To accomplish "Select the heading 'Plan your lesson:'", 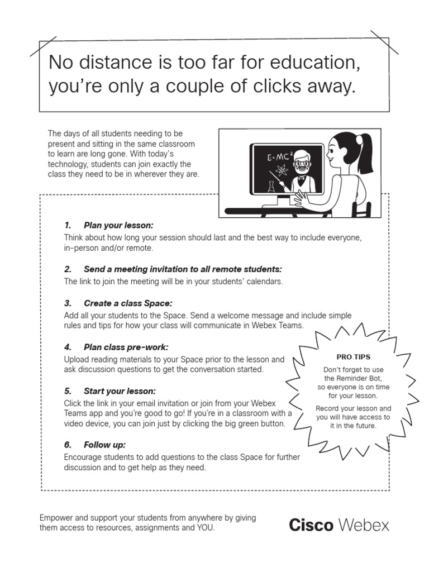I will [118, 226].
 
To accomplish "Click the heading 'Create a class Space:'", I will [128, 303].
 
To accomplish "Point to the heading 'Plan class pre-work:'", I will [126, 347].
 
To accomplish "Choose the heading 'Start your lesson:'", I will [120, 390].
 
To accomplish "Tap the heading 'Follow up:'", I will [104, 445].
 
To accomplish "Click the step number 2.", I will [68, 269].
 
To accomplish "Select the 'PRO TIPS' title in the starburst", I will [353, 357].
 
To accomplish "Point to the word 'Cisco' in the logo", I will [311, 525].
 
